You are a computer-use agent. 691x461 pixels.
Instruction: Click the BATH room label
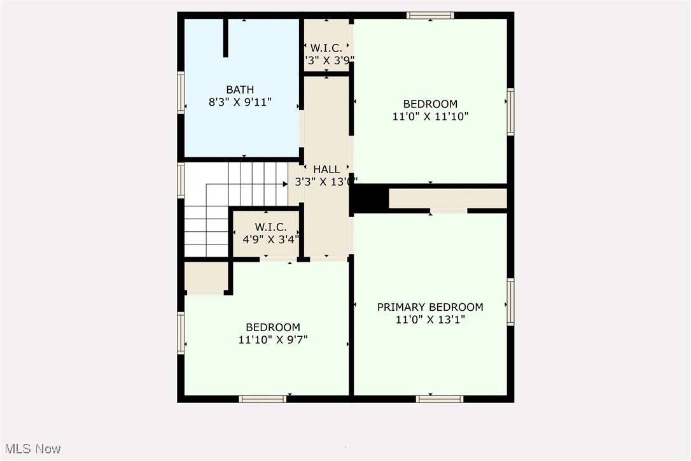click(x=240, y=90)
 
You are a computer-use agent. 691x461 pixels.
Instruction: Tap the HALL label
click(x=326, y=170)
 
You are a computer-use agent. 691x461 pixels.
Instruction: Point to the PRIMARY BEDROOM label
click(x=429, y=307)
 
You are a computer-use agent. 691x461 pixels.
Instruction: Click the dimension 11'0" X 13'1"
click(x=429, y=320)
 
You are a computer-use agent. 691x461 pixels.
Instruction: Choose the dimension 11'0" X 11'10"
click(x=429, y=117)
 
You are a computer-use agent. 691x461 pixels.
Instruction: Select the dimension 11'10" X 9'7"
click(x=273, y=340)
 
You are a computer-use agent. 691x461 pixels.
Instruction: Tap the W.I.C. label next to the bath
click(x=326, y=48)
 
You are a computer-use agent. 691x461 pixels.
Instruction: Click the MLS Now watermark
click(x=31, y=449)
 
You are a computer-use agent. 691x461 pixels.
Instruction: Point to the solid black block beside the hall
click(x=370, y=199)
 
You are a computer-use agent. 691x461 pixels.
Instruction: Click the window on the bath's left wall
click(x=181, y=93)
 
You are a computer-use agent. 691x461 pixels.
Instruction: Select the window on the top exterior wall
click(x=430, y=15)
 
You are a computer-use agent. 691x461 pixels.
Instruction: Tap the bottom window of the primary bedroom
click(x=439, y=399)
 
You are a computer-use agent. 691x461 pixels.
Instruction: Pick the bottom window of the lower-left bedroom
click(x=262, y=399)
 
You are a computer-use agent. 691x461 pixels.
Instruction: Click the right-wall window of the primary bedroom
click(x=510, y=302)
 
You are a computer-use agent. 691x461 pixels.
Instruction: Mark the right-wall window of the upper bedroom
click(x=510, y=111)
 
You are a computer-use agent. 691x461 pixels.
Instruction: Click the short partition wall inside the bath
click(x=225, y=38)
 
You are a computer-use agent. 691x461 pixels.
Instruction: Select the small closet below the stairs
click(x=206, y=276)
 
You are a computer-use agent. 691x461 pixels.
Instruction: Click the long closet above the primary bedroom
click(x=447, y=199)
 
